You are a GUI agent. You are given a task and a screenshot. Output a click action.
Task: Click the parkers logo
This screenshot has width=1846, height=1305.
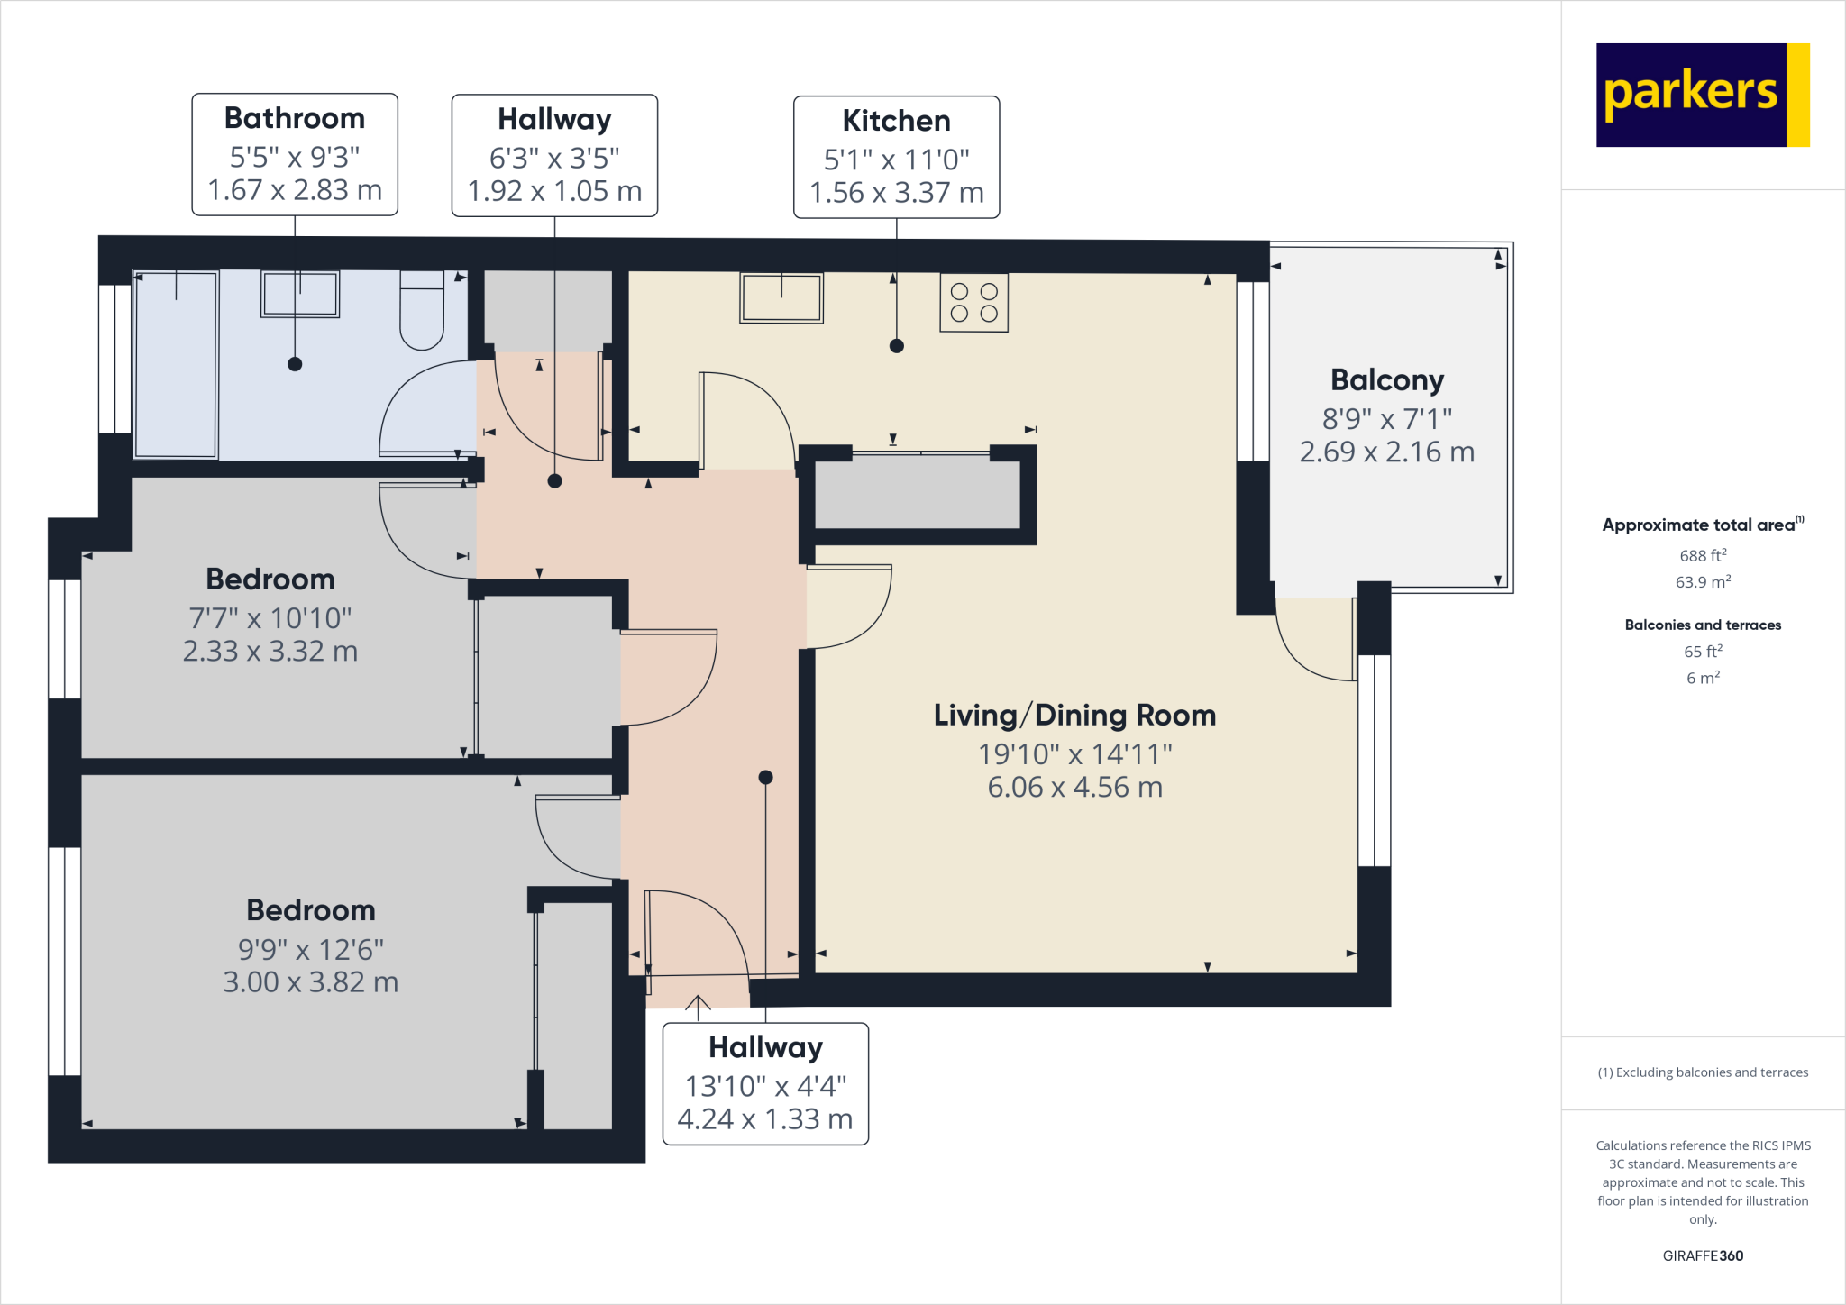pos(1702,95)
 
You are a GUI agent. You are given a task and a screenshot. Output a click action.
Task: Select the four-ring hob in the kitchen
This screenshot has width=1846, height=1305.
pos(973,303)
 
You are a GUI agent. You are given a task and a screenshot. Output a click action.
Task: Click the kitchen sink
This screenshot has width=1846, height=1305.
pos(781,297)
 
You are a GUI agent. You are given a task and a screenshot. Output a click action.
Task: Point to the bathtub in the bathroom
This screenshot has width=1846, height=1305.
pos(176,364)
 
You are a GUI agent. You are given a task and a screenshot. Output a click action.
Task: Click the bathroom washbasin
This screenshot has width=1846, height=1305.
pos(300,294)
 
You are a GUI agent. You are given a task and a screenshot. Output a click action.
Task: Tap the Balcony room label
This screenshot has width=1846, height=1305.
pos(1386,380)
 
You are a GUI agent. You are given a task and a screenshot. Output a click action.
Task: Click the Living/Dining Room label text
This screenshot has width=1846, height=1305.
pos(1074,716)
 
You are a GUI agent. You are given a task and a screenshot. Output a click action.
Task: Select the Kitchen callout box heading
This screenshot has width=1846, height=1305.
pos(896,121)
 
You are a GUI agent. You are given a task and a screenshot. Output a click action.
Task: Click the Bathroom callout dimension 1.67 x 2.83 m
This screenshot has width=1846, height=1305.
pos(295,190)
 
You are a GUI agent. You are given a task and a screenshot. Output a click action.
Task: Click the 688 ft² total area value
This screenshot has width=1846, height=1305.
pos(1703,556)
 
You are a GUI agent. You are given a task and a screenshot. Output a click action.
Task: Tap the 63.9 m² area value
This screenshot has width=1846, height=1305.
pos(1703,582)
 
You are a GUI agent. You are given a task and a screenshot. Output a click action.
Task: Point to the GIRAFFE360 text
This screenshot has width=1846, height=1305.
pos(1703,1255)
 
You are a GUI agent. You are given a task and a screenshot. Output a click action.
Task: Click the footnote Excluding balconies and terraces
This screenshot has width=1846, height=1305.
pos(1703,1072)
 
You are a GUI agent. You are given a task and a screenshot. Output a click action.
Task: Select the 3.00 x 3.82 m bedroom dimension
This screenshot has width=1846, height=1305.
pos(310,982)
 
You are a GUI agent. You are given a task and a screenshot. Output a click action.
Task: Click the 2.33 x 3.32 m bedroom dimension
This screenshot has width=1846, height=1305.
pos(270,651)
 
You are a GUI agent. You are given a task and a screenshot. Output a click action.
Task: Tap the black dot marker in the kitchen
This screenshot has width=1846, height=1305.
pos(896,346)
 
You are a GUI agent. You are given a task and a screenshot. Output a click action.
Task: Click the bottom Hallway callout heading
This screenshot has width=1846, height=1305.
pos(765,1047)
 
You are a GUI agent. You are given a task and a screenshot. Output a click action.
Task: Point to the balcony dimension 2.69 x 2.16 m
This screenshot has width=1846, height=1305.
pos(1386,452)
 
